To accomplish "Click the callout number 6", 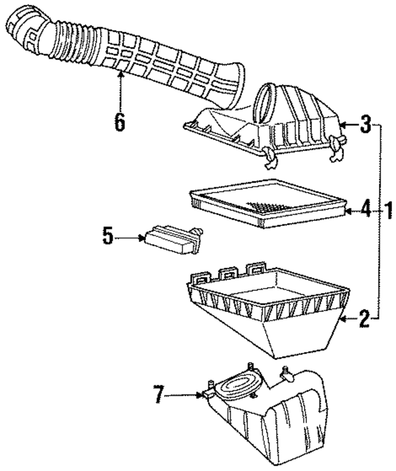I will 119,121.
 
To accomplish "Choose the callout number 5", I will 108,237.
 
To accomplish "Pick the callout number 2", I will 365,319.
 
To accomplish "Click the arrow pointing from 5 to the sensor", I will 131,237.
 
